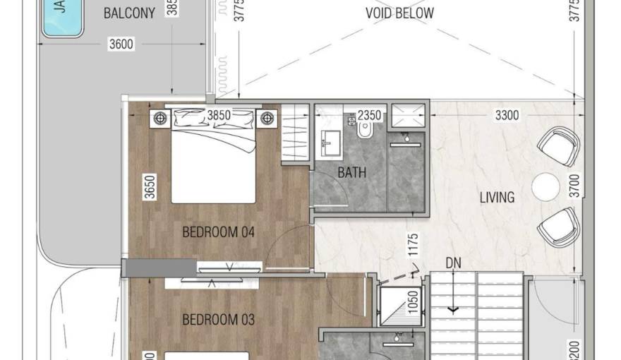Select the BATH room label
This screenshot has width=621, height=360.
(351, 172)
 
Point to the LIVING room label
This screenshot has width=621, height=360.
(497, 198)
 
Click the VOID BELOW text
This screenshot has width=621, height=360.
(399, 13)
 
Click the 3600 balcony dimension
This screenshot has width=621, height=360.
(121, 44)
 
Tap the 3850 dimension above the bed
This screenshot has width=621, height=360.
(219, 115)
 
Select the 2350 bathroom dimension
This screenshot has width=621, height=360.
(370, 115)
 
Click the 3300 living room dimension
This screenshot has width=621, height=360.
(507, 115)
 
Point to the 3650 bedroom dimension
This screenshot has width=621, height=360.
(149, 188)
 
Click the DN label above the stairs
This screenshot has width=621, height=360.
(454, 263)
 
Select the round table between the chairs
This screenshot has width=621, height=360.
(545, 186)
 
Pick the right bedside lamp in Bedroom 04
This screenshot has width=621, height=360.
(267, 118)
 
